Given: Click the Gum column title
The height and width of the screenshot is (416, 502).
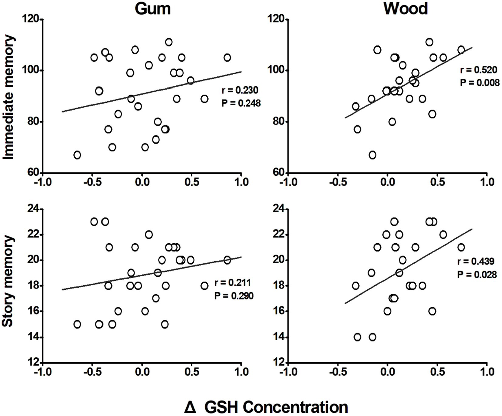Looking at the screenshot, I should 153,9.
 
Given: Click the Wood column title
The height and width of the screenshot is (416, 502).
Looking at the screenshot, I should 406,9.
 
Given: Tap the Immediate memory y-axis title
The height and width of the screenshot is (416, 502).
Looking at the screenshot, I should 9,97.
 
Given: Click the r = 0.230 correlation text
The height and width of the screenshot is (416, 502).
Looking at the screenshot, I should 240,90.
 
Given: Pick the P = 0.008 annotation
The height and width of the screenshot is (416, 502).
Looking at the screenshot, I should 480,83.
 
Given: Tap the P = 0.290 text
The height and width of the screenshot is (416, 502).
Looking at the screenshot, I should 234,296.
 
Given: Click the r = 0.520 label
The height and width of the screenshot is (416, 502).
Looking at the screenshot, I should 478,70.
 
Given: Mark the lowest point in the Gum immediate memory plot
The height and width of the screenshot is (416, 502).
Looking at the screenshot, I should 77,155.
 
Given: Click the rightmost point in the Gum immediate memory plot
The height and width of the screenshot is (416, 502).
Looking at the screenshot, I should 227,58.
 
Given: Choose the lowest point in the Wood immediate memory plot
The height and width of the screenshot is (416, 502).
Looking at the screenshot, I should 372,155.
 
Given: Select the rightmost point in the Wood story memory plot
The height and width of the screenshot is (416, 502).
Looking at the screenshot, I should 461,247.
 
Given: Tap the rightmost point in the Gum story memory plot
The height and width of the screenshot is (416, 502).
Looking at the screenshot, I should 227,260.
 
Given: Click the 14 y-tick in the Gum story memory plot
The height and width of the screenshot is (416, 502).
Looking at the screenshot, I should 34,337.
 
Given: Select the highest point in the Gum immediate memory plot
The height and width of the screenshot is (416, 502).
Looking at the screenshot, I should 169,42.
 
